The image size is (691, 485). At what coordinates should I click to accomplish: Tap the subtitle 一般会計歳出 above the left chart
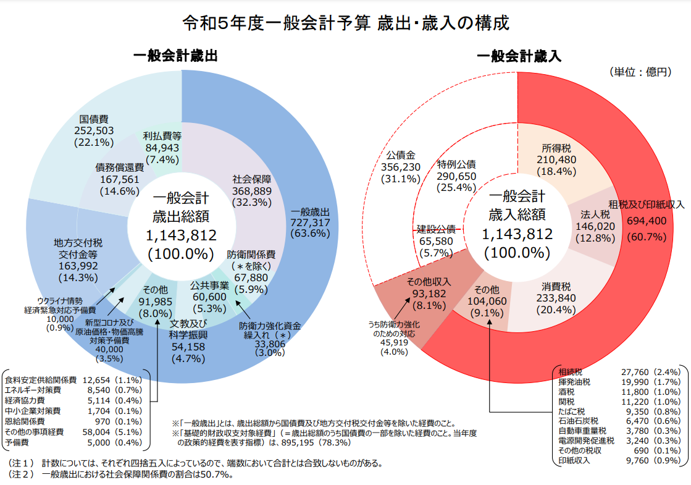(x=175, y=56)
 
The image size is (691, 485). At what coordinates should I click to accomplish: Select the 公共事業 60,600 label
(x=209, y=297)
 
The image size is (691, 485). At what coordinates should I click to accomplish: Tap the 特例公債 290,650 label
(x=456, y=176)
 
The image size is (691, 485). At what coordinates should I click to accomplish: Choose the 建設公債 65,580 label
(x=436, y=240)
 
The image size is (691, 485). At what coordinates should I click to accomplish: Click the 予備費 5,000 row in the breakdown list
(x=73, y=443)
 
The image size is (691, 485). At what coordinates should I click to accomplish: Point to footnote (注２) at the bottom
(x=124, y=474)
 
